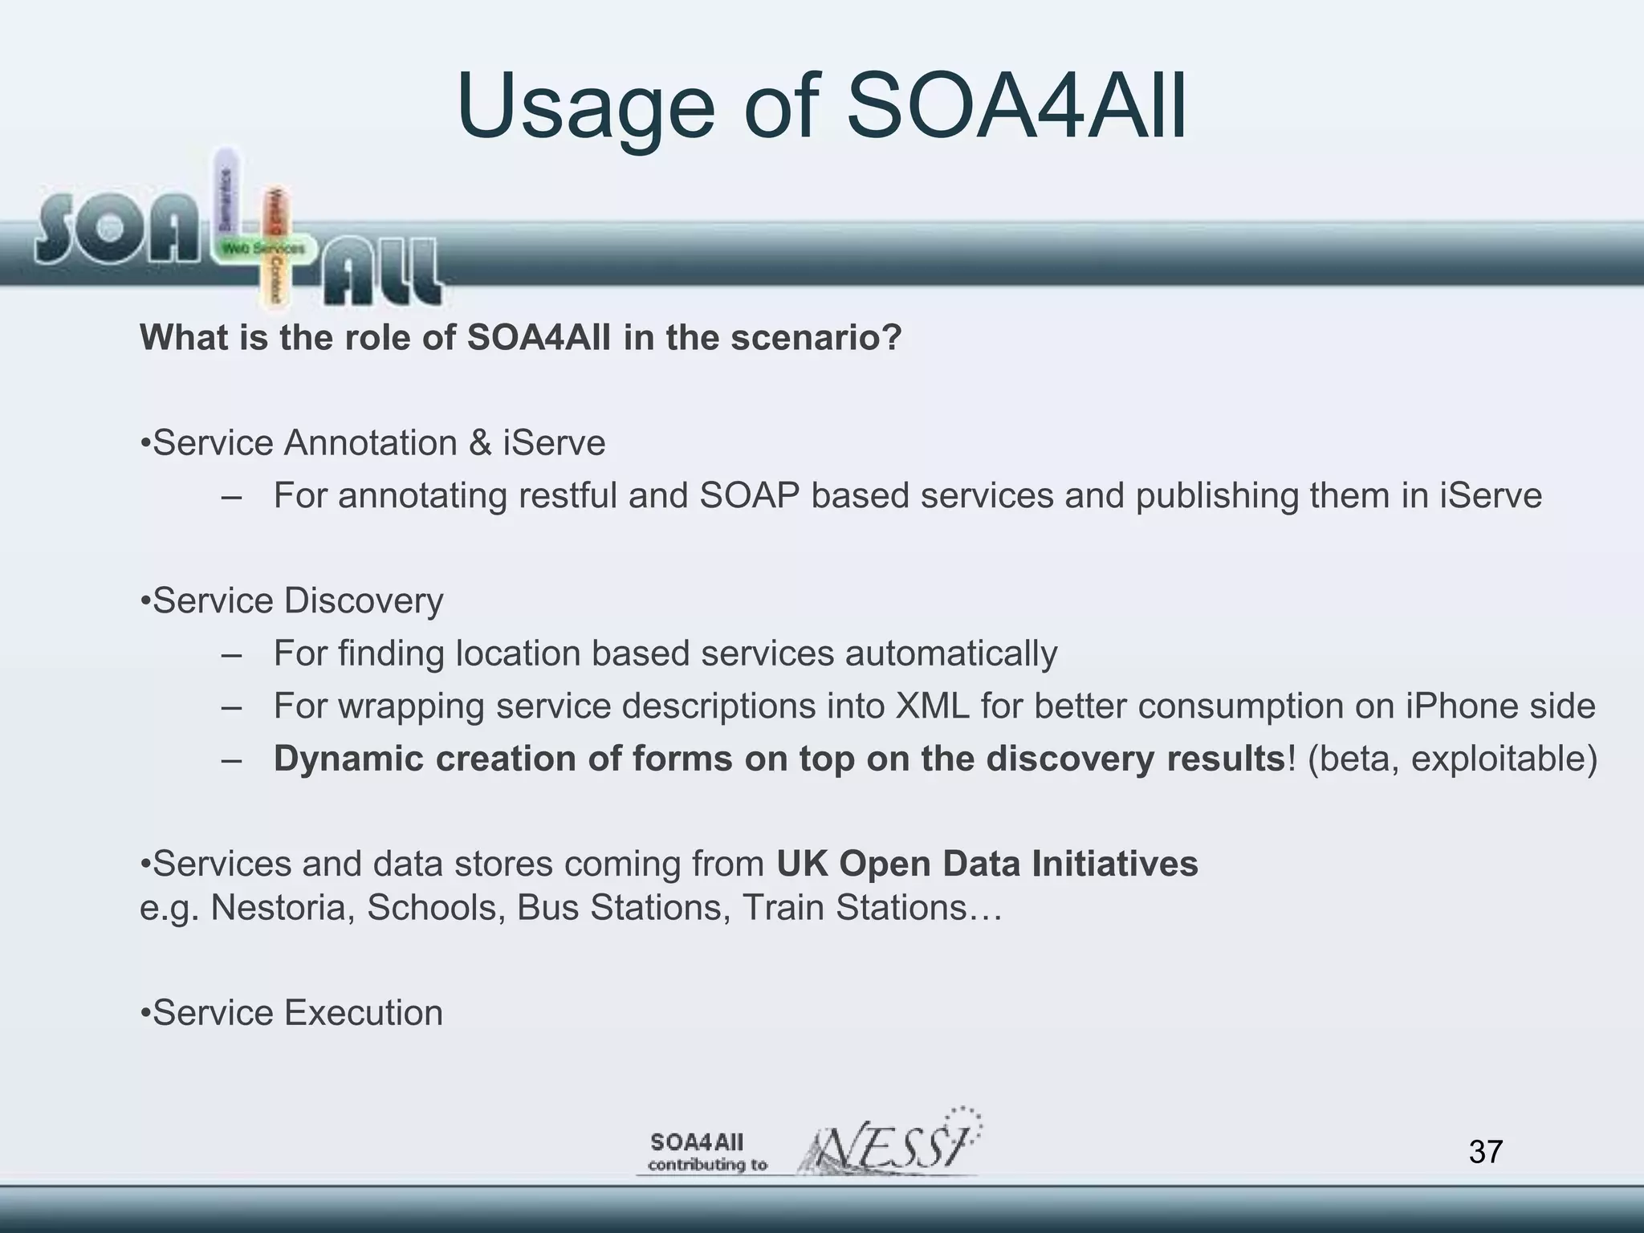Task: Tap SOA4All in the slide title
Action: tap(1016, 107)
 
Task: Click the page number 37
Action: tap(1485, 1151)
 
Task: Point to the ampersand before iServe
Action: tap(479, 443)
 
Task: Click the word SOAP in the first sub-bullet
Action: tap(749, 495)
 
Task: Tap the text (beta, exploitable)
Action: tap(1452, 759)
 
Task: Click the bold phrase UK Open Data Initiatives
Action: tap(987, 864)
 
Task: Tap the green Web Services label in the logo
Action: tap(263, 248)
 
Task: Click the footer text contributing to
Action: tap(707, 1165)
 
